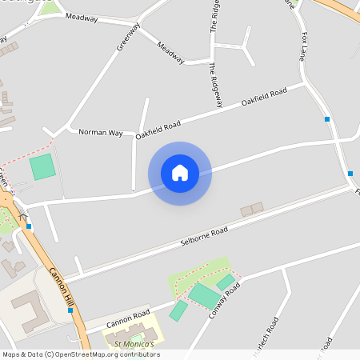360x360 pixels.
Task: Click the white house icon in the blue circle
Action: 180,173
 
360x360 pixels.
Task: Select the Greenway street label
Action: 128,36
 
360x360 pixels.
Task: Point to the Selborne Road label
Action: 204,235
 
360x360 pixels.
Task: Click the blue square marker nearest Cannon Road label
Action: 70,310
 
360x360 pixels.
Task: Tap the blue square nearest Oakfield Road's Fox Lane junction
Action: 327,119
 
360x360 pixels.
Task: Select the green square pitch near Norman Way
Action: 42,167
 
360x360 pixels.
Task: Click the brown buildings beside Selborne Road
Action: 252,210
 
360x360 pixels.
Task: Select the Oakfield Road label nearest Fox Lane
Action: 264,98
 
